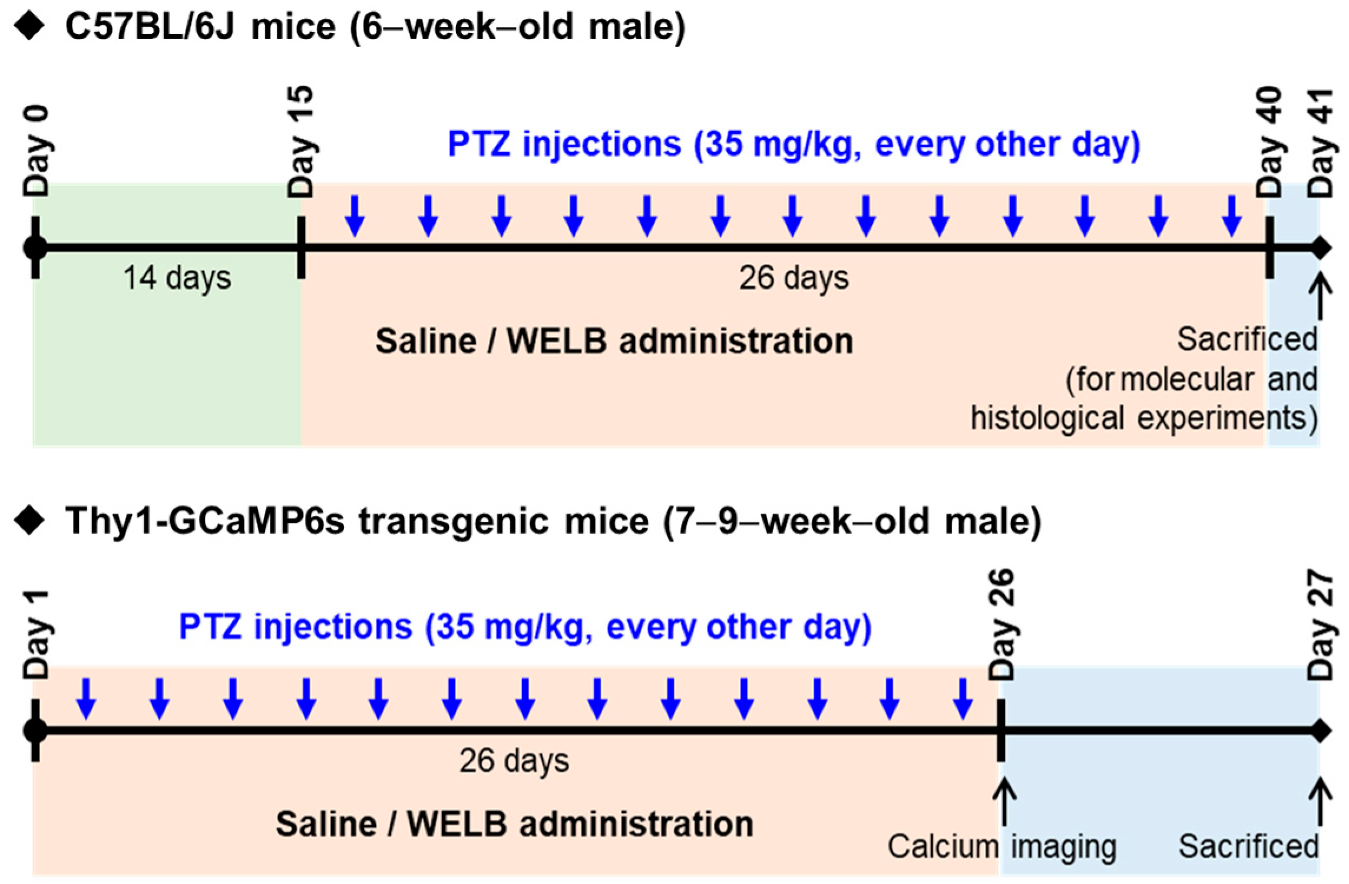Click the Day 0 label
(x=36, y=152)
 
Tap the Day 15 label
(x=301, y=143)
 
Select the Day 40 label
(x=1269, y=143)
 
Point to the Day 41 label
(x=1321, y=143)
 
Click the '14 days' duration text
(x=177, y=278)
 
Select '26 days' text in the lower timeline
(x=514, y=761)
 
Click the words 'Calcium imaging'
(x=1001, y=847)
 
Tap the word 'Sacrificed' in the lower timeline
(x=1248, y=847)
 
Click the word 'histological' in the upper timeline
(x=1039, y=419)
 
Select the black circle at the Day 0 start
(x=35, y=248)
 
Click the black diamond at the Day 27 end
(x=1321, y=731)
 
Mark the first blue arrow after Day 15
(x=355, y=216)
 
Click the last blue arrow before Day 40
(x=1232, y=216)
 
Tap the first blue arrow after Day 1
(x=86, y=699)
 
